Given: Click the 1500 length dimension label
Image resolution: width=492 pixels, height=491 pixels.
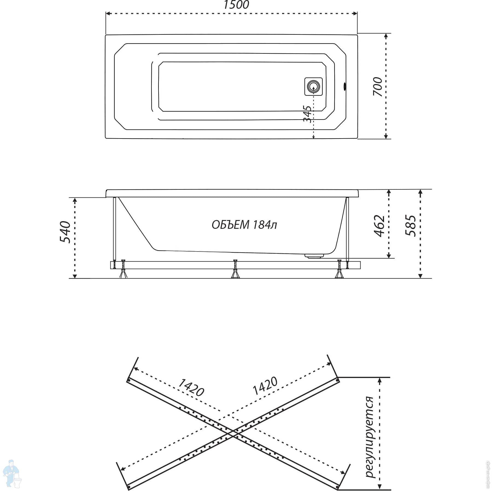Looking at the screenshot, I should click(x=236, y=5).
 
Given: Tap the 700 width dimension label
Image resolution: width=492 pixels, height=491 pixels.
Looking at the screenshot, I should click(x=377, y=86).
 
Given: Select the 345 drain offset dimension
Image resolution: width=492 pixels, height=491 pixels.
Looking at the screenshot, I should click(x=307, y=114).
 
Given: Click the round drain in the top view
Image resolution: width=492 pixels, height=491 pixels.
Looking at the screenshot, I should click(x=313, y=87).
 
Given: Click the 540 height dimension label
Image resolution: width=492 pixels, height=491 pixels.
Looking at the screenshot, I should click(x=65, y=232).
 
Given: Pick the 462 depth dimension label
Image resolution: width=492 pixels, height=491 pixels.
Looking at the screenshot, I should click(x=379, y=226).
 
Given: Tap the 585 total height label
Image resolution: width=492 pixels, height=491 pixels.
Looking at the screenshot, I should click(x=411, y=226).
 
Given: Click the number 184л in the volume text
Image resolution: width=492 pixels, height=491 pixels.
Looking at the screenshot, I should click(x=265, y=225).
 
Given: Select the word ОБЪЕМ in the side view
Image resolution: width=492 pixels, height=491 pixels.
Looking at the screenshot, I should click(x=230, y=225).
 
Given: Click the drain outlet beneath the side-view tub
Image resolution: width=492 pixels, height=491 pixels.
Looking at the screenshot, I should click(x=314, y=256).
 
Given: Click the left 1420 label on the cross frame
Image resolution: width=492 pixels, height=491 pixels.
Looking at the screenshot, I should click(x=191, y=388).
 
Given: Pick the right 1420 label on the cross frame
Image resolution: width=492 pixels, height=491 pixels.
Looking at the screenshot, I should click(x=265, y=386).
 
